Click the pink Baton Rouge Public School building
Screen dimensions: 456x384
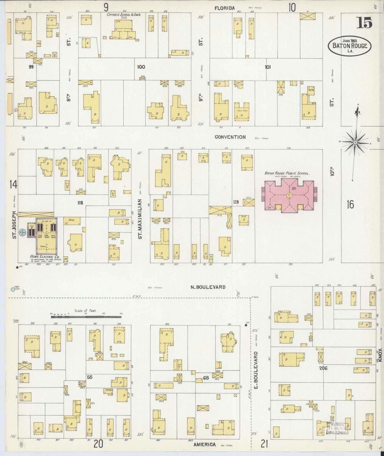point(289,196)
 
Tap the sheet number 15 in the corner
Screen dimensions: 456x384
point(364,23)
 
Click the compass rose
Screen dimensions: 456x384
point(355,143)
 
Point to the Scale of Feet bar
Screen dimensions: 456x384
point(86,317)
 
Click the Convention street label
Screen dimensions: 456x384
point(230,137)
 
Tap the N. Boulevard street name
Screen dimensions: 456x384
point(208,287)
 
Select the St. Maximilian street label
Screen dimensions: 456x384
point(140,219)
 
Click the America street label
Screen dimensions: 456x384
point(204,445)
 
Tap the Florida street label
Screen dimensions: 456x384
point(225,8)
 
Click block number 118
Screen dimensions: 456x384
point(80,203)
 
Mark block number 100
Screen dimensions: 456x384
point(141,67)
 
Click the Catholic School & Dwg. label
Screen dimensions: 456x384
point(124,15)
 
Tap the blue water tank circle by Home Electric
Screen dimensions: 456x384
point(23,232)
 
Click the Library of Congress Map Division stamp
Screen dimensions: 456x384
point(337,427)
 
